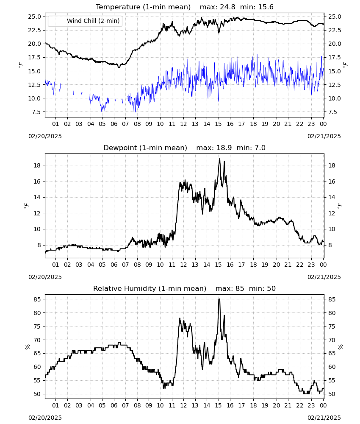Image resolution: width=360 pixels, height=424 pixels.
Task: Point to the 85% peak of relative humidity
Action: point(219,299)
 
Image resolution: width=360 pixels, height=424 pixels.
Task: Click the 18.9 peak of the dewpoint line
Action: point(219,159)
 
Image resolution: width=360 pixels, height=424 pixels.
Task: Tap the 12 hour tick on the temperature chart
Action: point(184,124)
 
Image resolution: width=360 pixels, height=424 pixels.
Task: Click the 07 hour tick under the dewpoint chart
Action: point(125,265)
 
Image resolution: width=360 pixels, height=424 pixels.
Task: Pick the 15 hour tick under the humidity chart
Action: point(218,406)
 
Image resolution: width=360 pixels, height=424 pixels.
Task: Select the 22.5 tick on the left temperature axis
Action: point(35,30)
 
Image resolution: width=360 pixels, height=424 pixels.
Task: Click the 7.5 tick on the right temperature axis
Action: point(333,112)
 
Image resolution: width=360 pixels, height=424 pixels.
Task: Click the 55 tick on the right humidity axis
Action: point(332,380)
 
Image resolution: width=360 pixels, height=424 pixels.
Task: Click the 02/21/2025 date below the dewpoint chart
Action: point(324,277)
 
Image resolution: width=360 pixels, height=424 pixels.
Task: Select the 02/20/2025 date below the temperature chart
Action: point(45,136)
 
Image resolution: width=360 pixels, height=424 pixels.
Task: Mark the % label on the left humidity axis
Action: point(27,347)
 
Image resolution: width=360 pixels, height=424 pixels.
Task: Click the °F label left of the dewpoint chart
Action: point(26,206)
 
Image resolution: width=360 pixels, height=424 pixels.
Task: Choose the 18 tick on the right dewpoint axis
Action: point(332,165)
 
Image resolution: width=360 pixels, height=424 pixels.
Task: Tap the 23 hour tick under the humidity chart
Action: point(311,406)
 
